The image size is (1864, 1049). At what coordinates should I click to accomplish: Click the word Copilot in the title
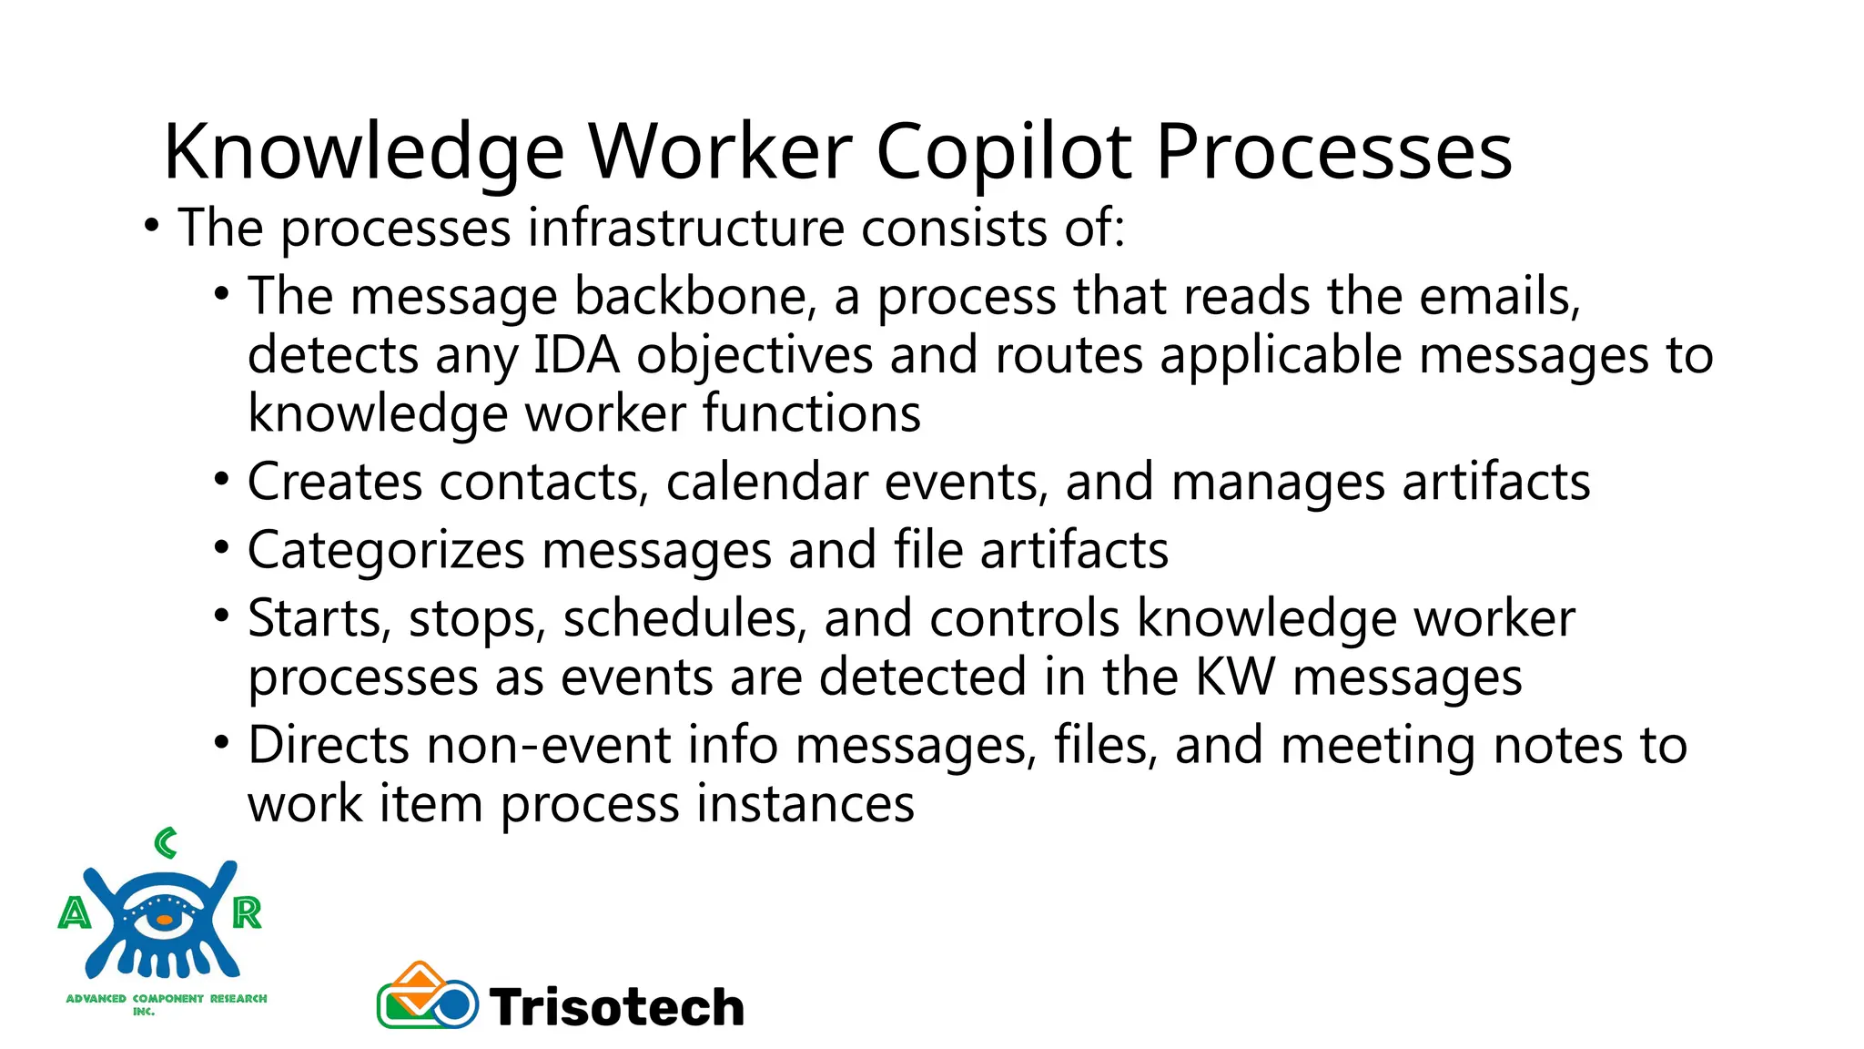tap(1004, 152)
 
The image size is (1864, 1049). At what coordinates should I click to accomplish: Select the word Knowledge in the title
tap(363, 152)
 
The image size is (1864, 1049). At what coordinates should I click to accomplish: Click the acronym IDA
tap(576, 355)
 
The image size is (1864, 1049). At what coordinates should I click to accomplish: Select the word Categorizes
tap(386, 551)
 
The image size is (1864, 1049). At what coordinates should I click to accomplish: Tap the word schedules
tap(684, 618)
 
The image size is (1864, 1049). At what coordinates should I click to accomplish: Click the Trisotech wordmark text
tap(617, 1007)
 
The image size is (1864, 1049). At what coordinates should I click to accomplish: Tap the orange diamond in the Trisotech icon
tap(420, 983)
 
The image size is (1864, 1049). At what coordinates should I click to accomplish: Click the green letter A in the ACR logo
tap(75, 912)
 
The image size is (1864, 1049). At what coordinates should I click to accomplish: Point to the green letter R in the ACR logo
tap(247, 912)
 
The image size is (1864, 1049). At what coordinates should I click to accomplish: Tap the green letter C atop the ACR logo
tap(166, 843)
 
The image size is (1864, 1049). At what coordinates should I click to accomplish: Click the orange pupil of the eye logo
tap(165, 921)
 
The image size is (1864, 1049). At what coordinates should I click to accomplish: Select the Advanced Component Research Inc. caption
tap(166, 1003)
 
